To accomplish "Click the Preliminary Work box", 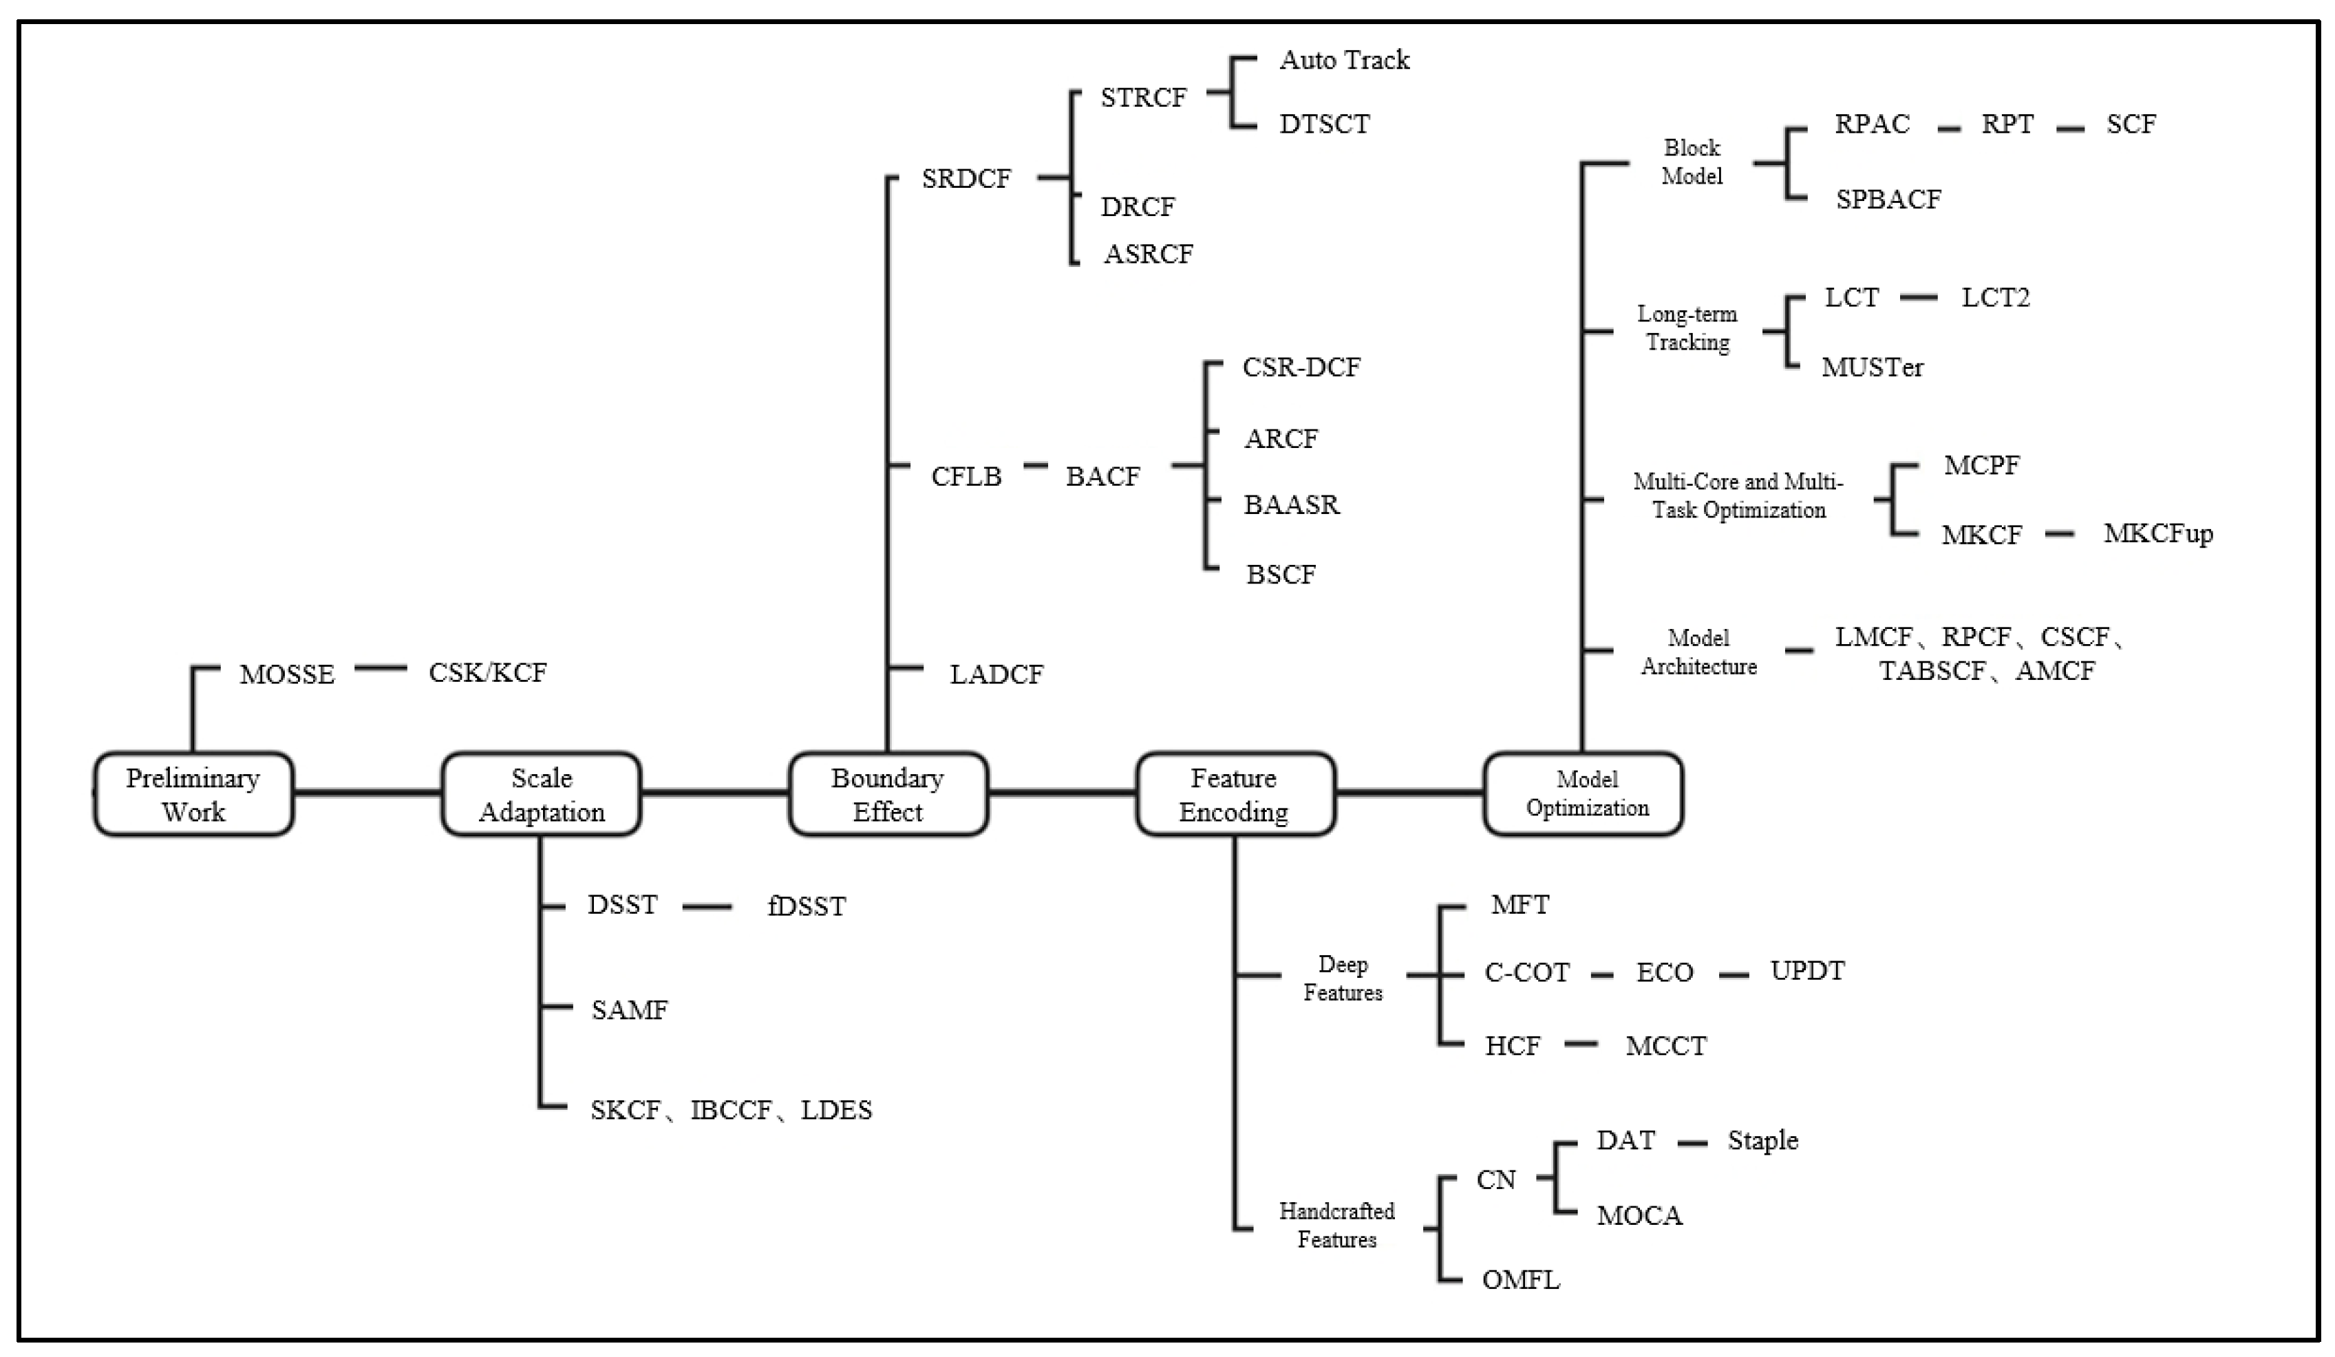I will pos(193,795).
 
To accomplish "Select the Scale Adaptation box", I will pos(541,795).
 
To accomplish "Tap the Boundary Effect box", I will pos(888,795).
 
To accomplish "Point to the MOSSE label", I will pos(287,674).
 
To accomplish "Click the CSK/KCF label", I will pos(487,672).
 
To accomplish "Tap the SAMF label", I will pos(629,1009).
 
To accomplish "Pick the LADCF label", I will pos(996,674).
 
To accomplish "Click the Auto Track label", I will pos(1343,60).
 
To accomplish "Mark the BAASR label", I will pos(1291,505).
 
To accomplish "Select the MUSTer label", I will pos(1872,367).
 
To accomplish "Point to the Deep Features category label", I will pos(1343,978).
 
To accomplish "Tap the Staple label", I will pos(1762,1140).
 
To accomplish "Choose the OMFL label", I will pos(1520,1280).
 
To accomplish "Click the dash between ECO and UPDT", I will pos(1734,975).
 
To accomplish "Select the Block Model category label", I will pos(1691,162).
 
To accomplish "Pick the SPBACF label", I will pos(1888,199).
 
